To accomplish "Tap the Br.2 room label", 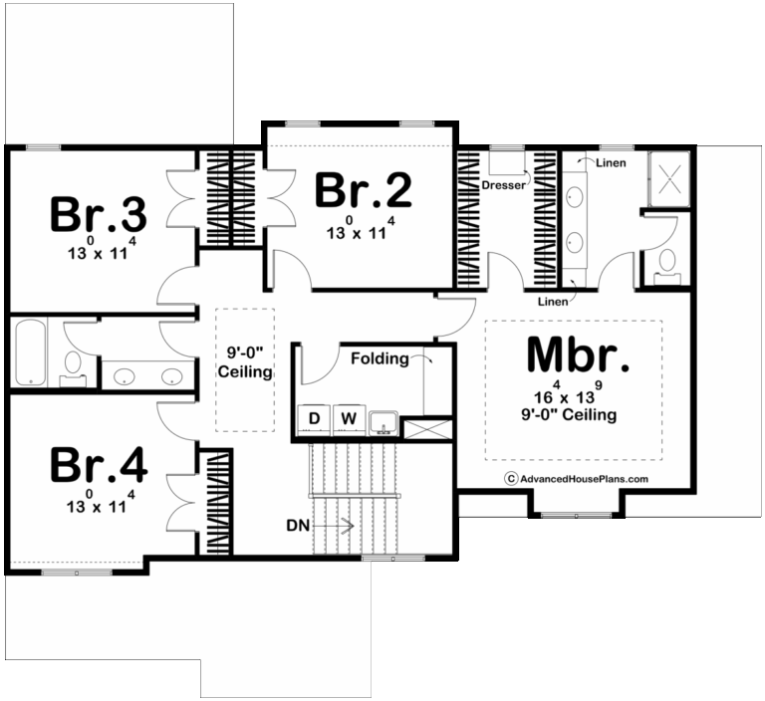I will coord(364,190).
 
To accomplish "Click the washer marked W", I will coord(348,419).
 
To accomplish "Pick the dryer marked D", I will coord(315,419).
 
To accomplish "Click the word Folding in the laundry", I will coord(379,358).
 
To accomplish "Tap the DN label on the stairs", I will coord(297,523).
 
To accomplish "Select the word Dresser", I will coord(503,185).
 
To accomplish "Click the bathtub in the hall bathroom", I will coord(30,353).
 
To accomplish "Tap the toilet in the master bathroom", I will coord(666,264).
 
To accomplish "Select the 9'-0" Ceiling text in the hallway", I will coord(245,361).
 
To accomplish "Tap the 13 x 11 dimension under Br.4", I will coord(100,506).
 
